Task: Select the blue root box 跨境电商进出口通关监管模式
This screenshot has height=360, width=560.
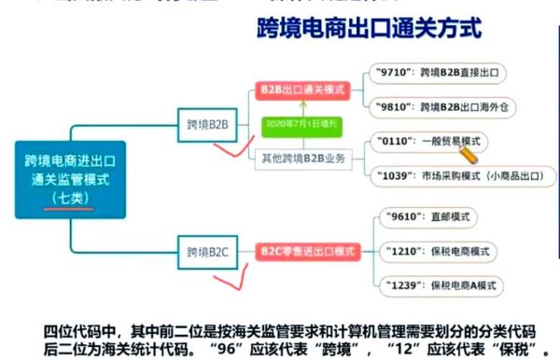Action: coord(71,178)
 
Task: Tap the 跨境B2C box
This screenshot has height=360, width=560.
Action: coord(208,250)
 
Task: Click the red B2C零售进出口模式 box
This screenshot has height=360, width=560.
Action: coord(307,250)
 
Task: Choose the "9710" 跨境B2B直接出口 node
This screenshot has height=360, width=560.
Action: coord(435,71)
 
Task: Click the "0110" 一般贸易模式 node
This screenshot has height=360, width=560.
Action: coord(425,141)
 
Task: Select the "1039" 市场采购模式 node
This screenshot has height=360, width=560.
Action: coord(455,174)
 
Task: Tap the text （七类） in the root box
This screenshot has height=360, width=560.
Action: coord(71,199)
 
